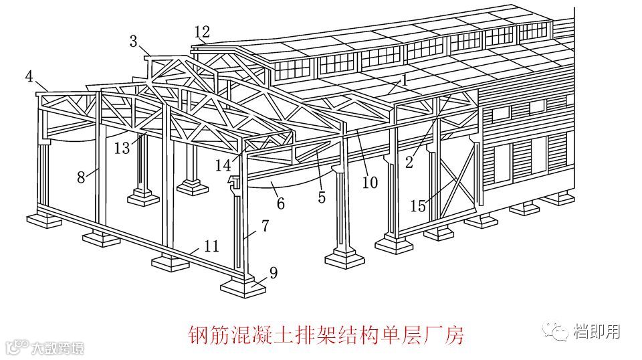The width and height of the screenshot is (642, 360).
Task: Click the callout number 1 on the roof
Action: [405, 80]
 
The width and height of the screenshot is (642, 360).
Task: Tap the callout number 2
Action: [409, 161]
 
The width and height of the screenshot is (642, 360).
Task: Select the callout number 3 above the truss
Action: [134, 41]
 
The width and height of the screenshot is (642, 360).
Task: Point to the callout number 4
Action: [29, 76]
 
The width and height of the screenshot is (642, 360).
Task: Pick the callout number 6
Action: [281, 203]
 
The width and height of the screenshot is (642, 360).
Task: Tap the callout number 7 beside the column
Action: [265, 226]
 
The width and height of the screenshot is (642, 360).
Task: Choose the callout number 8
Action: [81, 177]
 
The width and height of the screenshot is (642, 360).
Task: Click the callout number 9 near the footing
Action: [273, 272]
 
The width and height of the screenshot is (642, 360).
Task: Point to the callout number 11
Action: [211, 246]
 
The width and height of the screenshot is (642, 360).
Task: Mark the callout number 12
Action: [202, 31]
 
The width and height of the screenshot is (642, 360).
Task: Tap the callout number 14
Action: [223, 165]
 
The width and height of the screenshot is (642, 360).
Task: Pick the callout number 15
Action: [418, 207]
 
